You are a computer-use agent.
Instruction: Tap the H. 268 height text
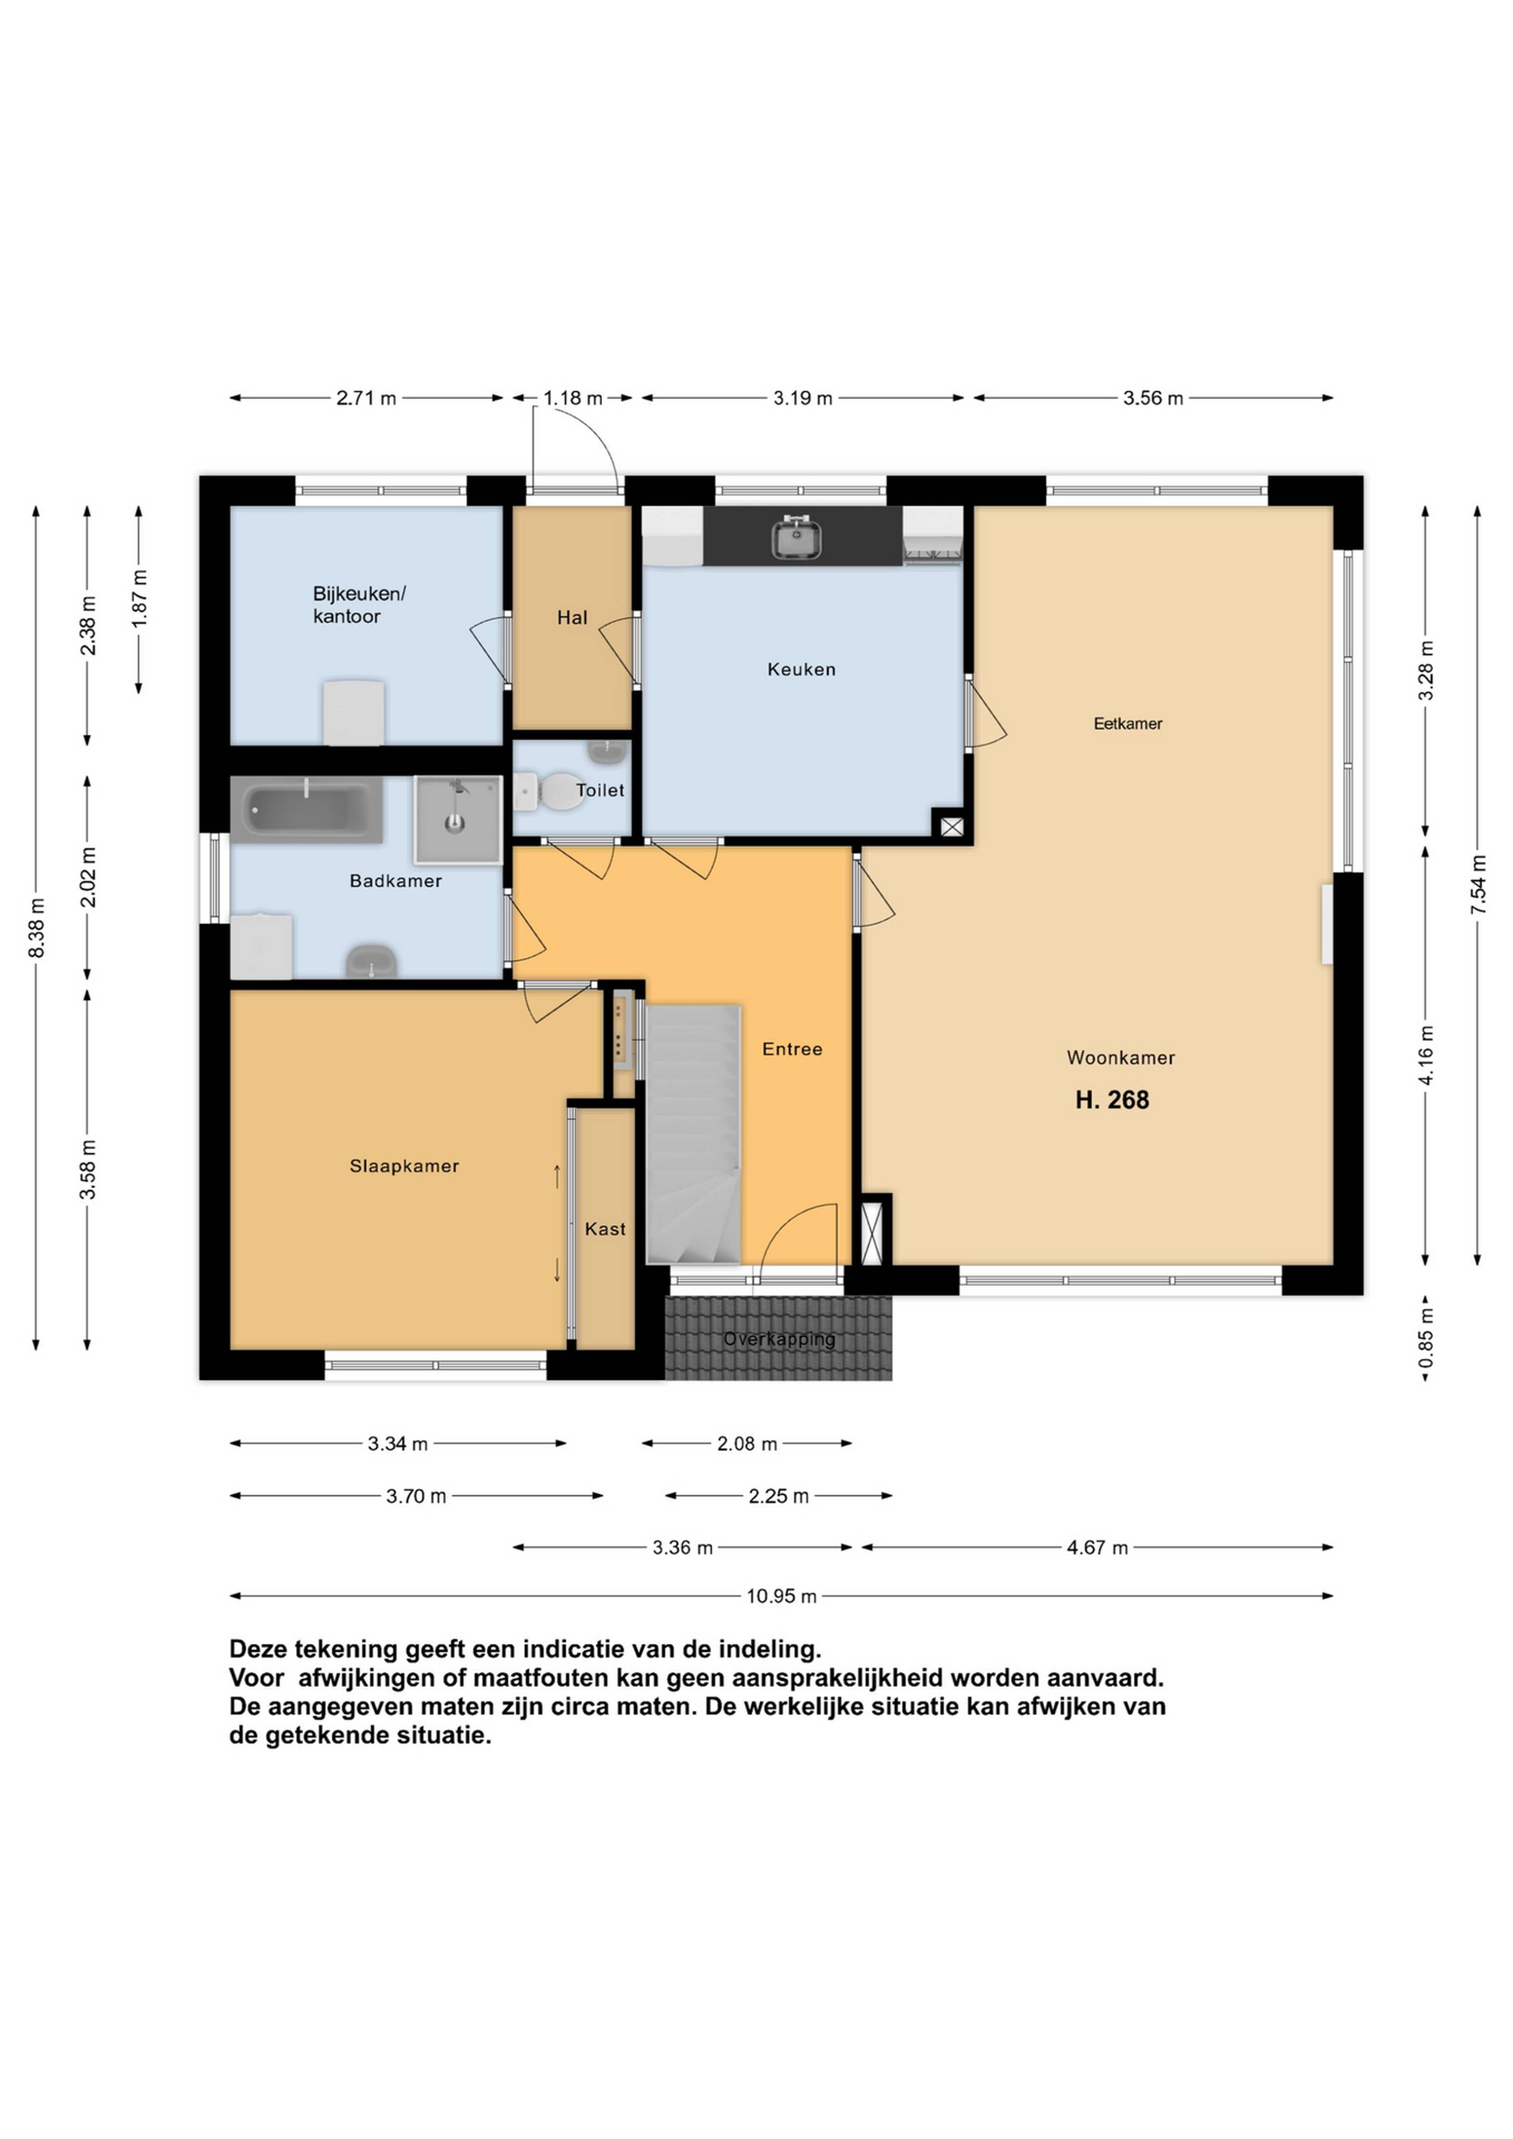pyautogui.click(x=1112, y=1100)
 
